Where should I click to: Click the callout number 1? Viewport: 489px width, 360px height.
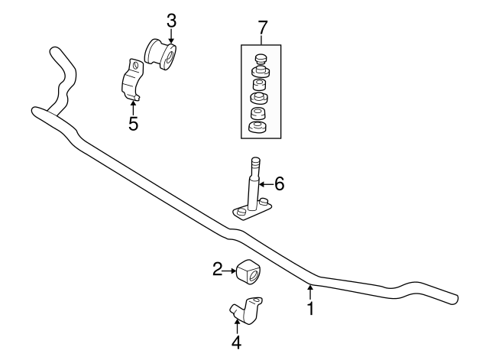(x=310, y=309)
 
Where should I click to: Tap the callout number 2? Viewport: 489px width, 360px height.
(x=218, y=268)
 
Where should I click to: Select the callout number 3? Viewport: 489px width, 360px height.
(x=171, y=20)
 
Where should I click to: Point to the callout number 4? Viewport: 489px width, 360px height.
(x=236, y=342)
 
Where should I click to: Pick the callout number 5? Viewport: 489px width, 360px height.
(x=133, y=124)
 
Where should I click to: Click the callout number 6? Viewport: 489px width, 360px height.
(x=279, y=183)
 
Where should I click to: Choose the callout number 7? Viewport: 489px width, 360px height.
(x=262, y=28)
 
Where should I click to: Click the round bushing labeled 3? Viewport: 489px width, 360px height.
(x=161, y=54)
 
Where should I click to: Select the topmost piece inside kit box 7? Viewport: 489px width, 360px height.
(x=261, y=59)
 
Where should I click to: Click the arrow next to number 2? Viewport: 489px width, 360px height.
(x=230, y=268)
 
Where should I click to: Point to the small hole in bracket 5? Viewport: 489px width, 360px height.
(x=134, y=66)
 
